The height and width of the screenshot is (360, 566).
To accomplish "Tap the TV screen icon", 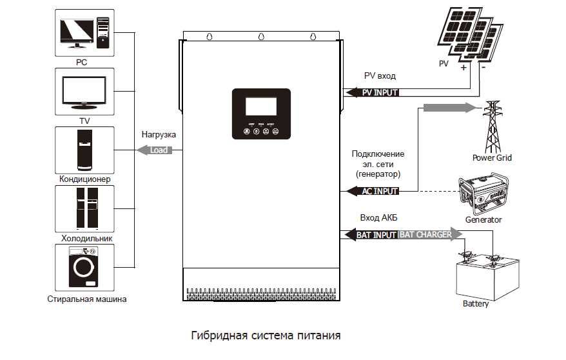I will click(84, 90).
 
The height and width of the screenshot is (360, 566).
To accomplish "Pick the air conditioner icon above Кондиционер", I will click(85, 149).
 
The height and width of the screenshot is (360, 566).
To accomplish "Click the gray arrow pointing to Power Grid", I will click(449, 107).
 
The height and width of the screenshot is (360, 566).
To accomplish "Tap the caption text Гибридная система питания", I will click(266, 336).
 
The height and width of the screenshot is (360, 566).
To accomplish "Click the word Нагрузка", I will click(158, 135).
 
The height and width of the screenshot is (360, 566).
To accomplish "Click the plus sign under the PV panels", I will click(463, 67).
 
